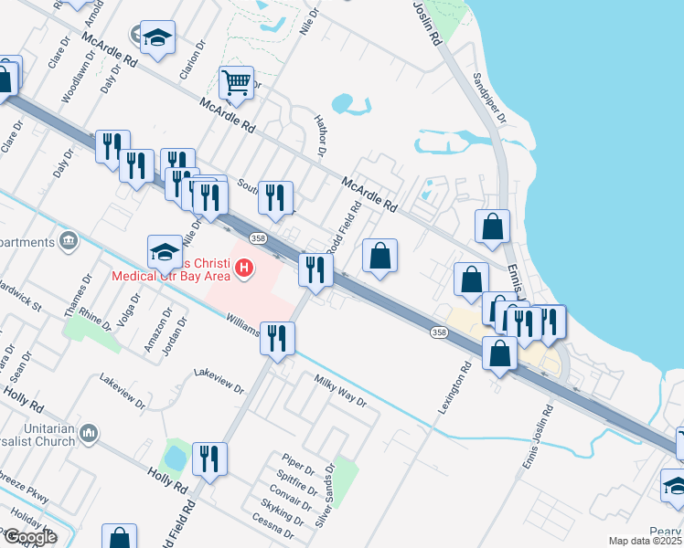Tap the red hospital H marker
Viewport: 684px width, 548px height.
point(244,269)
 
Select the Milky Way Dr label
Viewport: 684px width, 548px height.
point(340,390)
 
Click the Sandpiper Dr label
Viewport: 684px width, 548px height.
point(489,94)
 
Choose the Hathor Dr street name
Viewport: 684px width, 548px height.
point(320,135)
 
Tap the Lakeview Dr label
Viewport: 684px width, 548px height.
point(219,381)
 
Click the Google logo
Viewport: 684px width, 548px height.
point(30,537)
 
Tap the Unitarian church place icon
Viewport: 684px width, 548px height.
point(90,431)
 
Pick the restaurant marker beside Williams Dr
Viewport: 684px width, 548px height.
point(276,338)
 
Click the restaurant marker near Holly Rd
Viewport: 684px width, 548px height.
point(209,459)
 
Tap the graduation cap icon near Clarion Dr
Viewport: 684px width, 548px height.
point(158,37)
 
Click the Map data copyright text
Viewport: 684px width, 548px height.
point(646,541)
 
